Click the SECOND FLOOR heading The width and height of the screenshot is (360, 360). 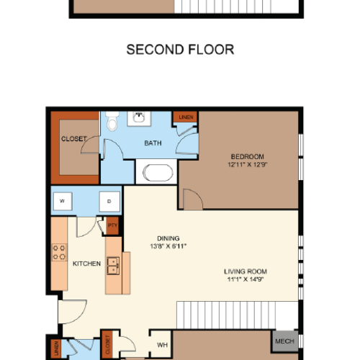tap(180, 50)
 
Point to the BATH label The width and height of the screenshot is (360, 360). tap(153, 143)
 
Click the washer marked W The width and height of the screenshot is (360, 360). tap(63, 201)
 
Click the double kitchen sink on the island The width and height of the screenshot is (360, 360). tap(113, 268)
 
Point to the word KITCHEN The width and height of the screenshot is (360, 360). tap(86, 264)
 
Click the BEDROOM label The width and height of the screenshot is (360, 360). tap(247, 156)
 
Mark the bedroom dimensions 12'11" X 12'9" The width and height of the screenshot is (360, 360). tap(247, 164)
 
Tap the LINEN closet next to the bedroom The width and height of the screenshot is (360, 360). tap(185, 116)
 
